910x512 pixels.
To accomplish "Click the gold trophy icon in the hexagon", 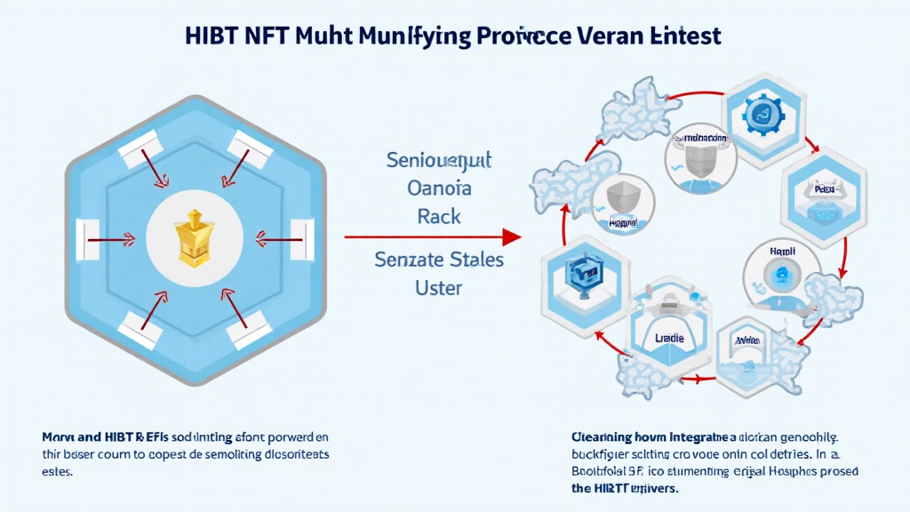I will click(x=194, y=237).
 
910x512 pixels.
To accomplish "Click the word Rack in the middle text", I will click(x=439, y=215).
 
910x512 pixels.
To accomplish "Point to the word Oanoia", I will click(x=439, y=188).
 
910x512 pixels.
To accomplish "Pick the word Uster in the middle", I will click(x=439, y=289).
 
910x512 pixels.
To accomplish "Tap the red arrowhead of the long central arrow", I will click(x=511, y=237).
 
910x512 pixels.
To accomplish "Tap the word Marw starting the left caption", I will click(x=59, y=436).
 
